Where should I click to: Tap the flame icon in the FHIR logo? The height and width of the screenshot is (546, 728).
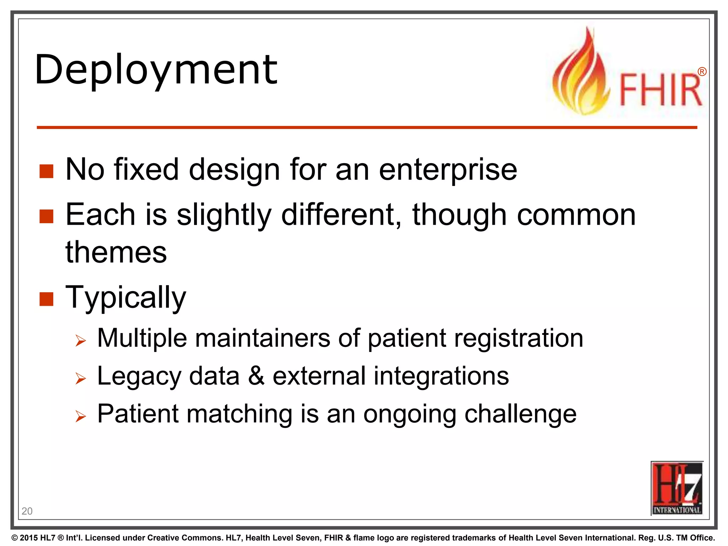[580, 75]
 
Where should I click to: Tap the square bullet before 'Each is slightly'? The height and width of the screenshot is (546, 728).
[46, 216]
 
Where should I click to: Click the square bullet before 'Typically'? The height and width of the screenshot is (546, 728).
[46, 299]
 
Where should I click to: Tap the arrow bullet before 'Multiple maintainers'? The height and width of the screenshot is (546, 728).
[81, 341]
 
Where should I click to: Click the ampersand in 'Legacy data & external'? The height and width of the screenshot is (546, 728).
[256, 376]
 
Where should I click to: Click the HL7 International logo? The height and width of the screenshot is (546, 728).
[677, 488]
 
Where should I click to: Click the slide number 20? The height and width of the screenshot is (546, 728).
[27, 511]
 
